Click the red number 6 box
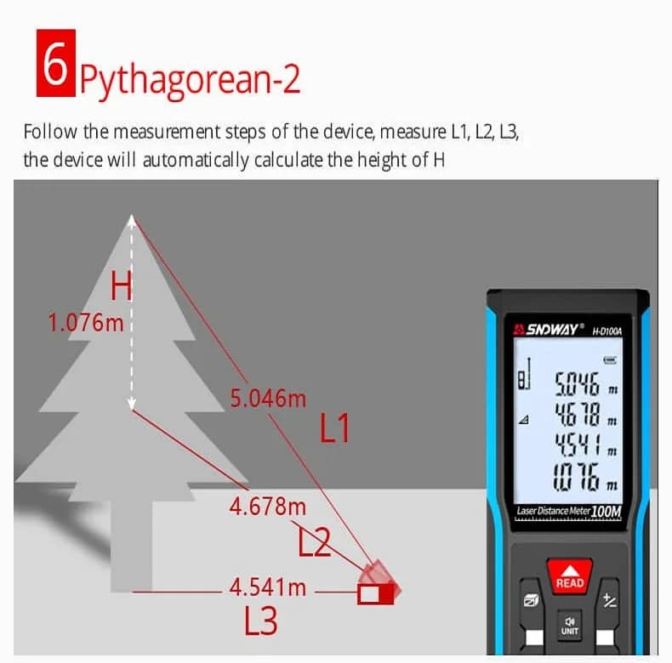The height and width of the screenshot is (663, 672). tap(55, 63)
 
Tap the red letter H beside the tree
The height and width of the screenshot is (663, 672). tap(121, 286)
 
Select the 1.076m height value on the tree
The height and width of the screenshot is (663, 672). tap(86, 322)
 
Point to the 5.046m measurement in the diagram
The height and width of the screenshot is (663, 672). tap(268, 399)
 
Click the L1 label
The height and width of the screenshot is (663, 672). tap(334, 428)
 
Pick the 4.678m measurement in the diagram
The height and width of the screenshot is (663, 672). tap(268, 507)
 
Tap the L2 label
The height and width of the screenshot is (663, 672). tap(314, 541)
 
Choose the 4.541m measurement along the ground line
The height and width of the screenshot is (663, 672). tap(268, 587)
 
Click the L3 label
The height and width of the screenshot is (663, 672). tap(260, 620)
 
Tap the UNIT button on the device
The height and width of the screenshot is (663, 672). tap(570, 626)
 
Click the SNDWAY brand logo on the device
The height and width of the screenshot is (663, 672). tap(548, 329)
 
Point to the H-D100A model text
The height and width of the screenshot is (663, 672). tap(607, 331)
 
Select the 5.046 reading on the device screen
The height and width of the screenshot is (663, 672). tap(577, 383)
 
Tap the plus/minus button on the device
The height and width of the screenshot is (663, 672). tap(609, 600)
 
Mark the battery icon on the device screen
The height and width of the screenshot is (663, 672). tap(610, 360)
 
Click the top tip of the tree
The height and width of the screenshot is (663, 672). tap(132, 214)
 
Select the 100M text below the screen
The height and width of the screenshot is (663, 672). tap(606, 511)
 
